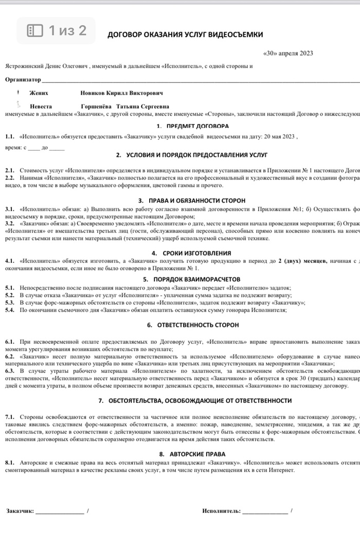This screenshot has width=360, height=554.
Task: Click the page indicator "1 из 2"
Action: tap(57, 31)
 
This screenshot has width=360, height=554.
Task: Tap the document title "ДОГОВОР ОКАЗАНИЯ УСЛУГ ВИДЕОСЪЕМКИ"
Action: tap(185, 34)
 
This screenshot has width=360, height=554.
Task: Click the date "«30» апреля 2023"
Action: tap(288, 53)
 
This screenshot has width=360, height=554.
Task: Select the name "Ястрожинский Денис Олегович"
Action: tap(47, 66)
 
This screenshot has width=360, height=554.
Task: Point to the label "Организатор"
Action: tap(23, 80)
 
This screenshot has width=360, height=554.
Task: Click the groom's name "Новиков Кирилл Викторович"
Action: tap(121, 93)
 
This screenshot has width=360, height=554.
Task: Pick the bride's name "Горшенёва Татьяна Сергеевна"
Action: tap(125, 106)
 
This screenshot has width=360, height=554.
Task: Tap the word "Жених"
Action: tap(39, 93)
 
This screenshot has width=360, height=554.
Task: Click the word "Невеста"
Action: tap(41, 106)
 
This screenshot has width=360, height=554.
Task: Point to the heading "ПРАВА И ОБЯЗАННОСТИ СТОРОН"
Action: tap(198, 200)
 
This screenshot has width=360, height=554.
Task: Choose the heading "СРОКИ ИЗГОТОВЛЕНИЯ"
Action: tap(198, 253)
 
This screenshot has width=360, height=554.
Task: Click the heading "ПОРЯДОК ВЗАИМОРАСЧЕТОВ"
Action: tap(198, 279)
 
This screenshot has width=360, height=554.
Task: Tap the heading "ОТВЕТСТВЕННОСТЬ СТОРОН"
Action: tap(198, 325)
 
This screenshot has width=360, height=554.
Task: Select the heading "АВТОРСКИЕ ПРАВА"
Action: tap(197, 454)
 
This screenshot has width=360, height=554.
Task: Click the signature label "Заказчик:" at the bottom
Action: tap(20, 511)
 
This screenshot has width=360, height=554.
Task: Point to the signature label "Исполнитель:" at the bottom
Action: tap(221, 511)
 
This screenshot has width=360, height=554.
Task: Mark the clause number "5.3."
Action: tap(10, 302)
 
